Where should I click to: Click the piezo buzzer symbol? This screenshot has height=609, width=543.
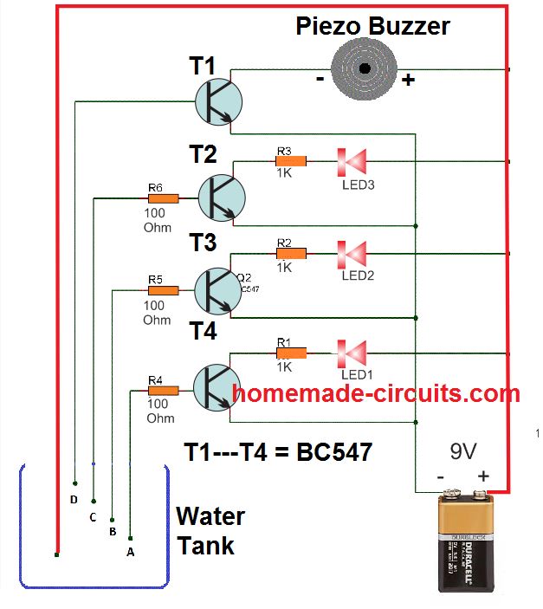(364, 68)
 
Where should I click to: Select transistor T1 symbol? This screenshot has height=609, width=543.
(214, 101)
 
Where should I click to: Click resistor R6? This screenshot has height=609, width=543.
(163, 198)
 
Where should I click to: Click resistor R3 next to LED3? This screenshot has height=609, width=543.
(291, 160)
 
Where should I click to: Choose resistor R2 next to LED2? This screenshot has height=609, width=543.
(291, 253)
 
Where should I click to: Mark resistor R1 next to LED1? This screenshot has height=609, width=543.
(291, 353)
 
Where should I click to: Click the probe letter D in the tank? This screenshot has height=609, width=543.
(74, 500)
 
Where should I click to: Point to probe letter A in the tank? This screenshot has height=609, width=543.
(131, 551)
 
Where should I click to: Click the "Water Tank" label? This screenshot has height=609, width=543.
(210, 531)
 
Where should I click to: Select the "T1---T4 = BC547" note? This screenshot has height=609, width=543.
(278, 451)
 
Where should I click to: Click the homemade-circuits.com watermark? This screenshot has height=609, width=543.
(376, 394)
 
